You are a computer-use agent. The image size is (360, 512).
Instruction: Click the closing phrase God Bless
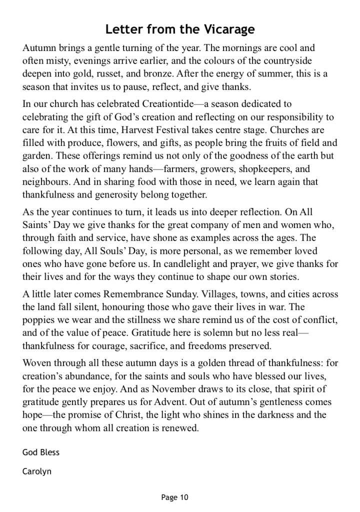pyautogui.click(x=41, y=452)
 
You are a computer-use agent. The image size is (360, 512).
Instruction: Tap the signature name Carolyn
pyautogui.click(x=37, y=471)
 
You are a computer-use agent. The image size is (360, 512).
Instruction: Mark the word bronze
pyautogui.click(x=155, y=74)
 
